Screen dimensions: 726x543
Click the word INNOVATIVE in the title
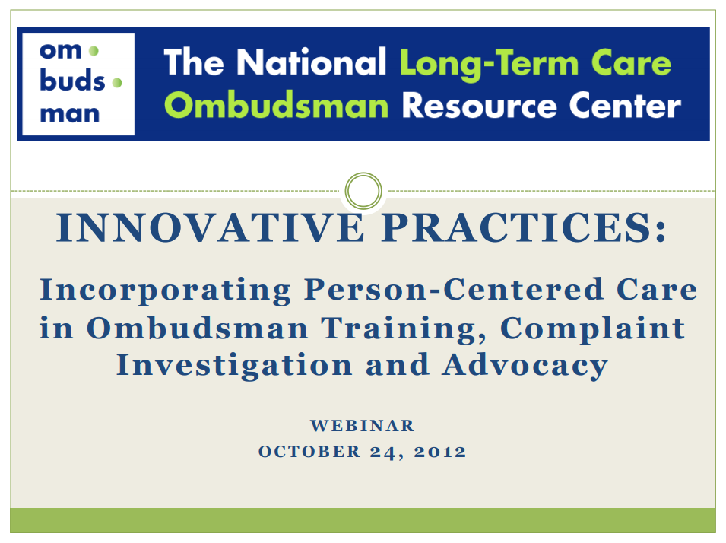coord(211,227)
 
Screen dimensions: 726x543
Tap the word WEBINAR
coord(362,425)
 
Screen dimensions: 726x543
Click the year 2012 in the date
coord(440,451)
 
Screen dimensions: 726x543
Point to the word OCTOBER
coord(309,451)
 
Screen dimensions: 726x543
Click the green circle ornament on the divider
coord(363,191)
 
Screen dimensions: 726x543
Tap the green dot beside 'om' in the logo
coord(94,50)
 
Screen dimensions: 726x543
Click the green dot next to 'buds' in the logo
coord(117,83)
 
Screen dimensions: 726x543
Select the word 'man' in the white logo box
coord(70,114)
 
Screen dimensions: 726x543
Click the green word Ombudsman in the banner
coord(277,105)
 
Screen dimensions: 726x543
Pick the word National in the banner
coord(311,62)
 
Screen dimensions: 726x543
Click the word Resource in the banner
coord(479,106)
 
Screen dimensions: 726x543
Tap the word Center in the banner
coord(625,106)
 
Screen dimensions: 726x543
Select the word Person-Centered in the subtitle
coord(454,290)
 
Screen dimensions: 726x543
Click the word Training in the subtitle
coord(404,329)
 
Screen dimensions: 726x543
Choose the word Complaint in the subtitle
coord(593,329)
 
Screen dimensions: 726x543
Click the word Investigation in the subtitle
coord(234,365)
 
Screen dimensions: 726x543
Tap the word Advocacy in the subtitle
coord(525,365)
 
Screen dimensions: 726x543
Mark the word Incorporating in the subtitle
coord(165,291)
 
